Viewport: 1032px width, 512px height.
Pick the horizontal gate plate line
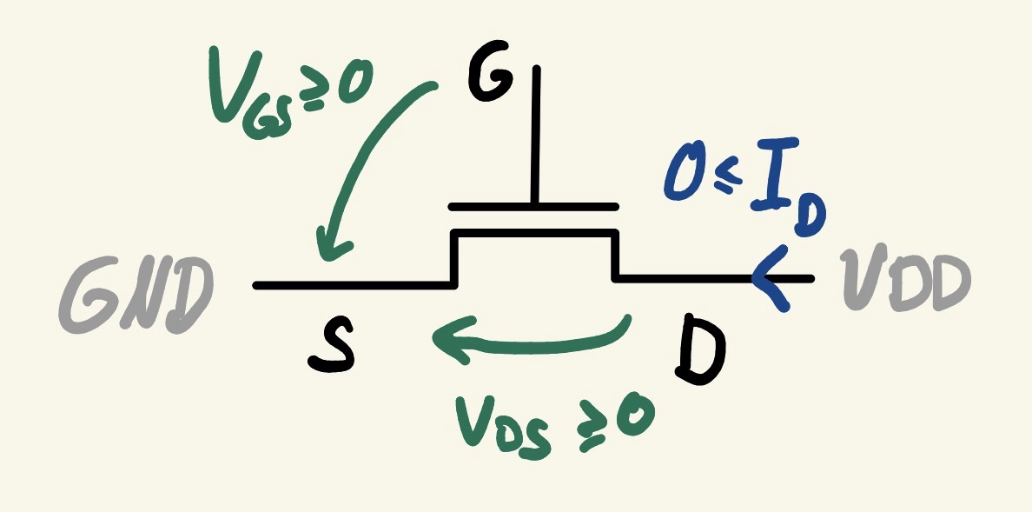533,208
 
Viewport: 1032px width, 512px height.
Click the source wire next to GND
347,285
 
